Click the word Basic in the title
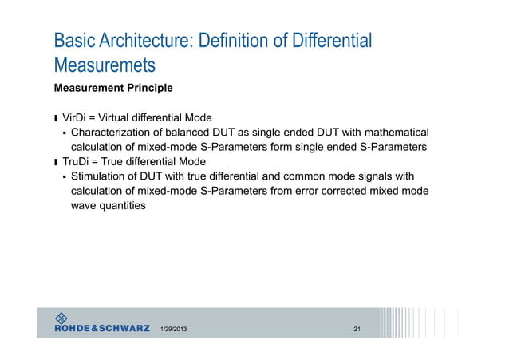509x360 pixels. pyautogui.click(x=73, y=40)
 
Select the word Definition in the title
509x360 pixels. pyautogui.click(x=233, y=40)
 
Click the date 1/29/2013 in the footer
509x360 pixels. pyautogui.click(x=174, y=329)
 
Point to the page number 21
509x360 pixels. pyautogui.click(x=357, y=329)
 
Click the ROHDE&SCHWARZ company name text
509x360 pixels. pyautogui.click(x=102, y=327)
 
